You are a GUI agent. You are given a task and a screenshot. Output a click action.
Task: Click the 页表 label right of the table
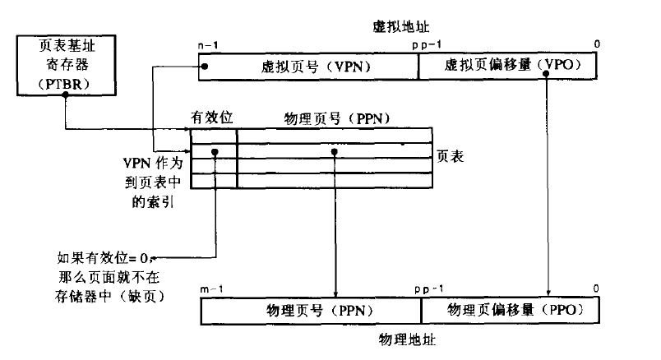click(452, 155)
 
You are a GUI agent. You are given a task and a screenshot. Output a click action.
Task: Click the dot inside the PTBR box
click(64, 94)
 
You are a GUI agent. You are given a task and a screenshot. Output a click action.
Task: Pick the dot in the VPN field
click(206, 67)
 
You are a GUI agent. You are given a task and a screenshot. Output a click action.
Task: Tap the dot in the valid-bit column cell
click(215, 153)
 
